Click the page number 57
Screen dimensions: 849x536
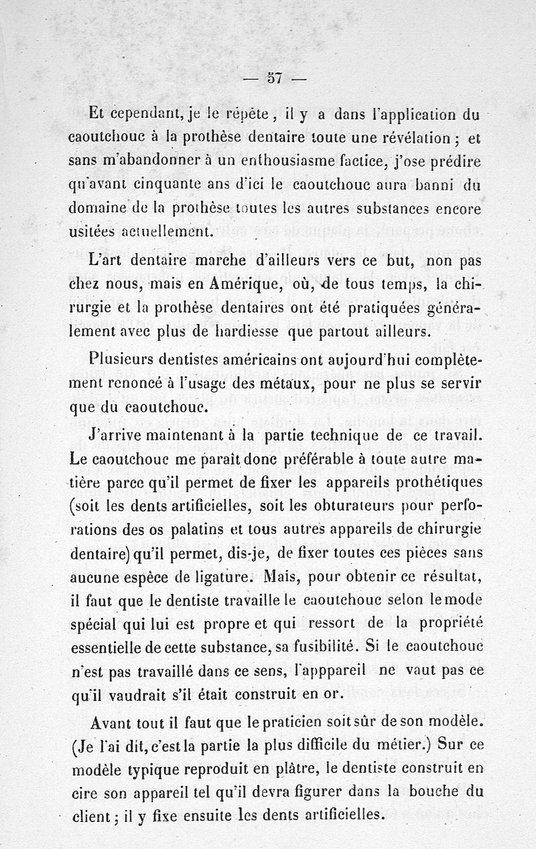point(273,78)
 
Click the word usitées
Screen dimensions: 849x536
point(91,231)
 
